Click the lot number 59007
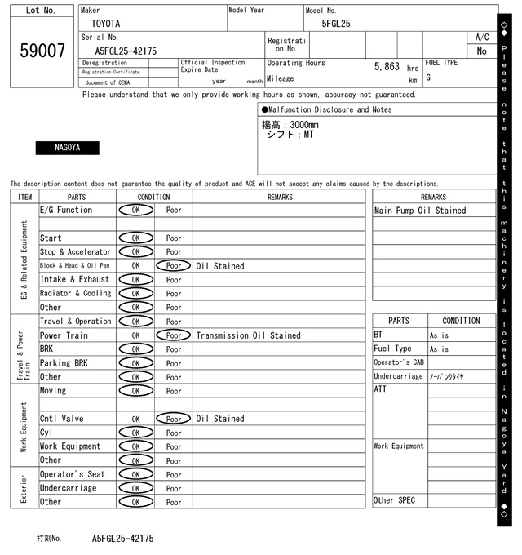pyautogui.click(x=42, y=51)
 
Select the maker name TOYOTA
pyautogui.click(x=105, y=24)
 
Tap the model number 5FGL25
pyautogui.click(x=336, y=24)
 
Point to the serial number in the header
pyautogui.click(x=120, y=51)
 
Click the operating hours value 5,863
pyautogui.click(x=387, y=66)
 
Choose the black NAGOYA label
pyautogui.click(x=67, y=149)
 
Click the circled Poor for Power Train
pyautogui.click(x=174, y=335)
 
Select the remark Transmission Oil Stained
pyautogui.click(x=248, y=335)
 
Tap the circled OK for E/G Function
pyautogui.click(x=136, y=211)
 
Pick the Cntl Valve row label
pyautogui.click(x=62, y=419)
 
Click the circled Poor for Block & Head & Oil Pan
pyautogui.click(x=174, y=266)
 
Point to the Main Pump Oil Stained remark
pyautogui.click(x=420, y=211)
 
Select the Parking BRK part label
pyautogui.click(x=64, y=363)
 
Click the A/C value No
pyautogui.click(x=481, y=51)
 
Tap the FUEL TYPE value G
pyautogui.click(x=428, y=78)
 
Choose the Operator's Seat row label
pyautogui.click(x=73, y=474)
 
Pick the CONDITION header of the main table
pyautogui.click(x=154, y=197)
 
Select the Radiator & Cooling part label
pyautogui.click(x=76, y=294)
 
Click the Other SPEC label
pyautogui.click(x=394, y=500)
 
